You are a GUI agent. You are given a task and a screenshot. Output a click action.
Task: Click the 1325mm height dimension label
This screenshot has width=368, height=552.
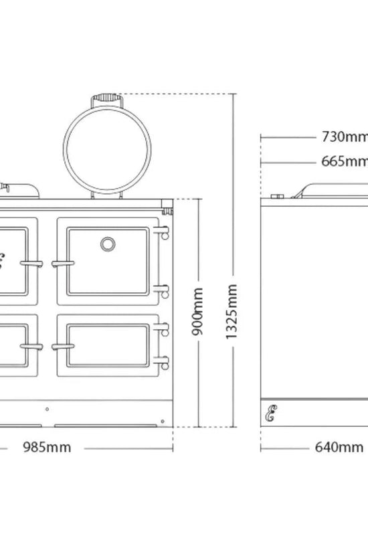(x=231, y=312)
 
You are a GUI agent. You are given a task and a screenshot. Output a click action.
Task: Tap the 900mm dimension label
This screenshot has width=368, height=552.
(x=197, y=312)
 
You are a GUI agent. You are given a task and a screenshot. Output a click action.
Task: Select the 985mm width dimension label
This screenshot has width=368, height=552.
(x=47, y=447)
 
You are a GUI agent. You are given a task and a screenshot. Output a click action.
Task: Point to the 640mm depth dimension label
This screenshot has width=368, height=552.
(x=339, y=447)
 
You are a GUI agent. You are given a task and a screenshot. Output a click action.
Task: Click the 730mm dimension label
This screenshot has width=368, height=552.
(x=345, y=136)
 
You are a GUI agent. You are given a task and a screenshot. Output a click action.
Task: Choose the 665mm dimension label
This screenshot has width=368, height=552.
(x=345, y=161)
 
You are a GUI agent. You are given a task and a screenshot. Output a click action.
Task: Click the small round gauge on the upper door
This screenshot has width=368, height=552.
(x=108, y=244)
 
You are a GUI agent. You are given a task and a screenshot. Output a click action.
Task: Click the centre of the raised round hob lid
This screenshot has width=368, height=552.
(x=108, y=150)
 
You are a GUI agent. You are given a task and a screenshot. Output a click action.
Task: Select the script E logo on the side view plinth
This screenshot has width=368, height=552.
(x=271, y=413)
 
